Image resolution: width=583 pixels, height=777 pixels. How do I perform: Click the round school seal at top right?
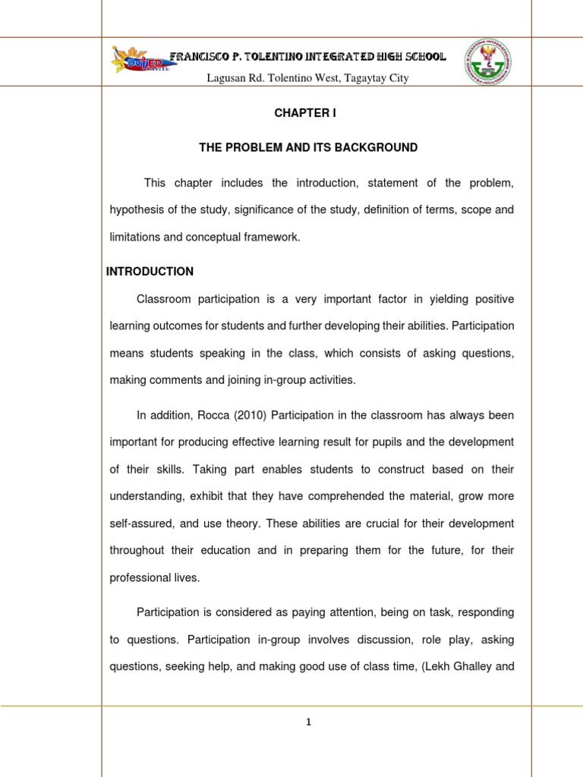click(x=485, y=61)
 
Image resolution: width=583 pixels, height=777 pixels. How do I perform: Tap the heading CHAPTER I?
click(x=304, y=113)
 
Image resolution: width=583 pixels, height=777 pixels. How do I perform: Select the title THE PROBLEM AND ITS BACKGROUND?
click(x=308, y=147)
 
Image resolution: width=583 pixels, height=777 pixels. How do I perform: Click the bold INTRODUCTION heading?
click(x=150, y=272)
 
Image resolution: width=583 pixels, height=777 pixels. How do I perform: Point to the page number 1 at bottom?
click(x=308, y=722)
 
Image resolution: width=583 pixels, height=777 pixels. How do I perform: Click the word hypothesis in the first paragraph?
click(x=137, y=210)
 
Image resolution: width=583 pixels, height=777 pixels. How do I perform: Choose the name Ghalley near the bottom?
click(x=469, y=667)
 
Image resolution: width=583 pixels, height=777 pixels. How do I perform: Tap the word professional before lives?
click(x=137, y=577)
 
